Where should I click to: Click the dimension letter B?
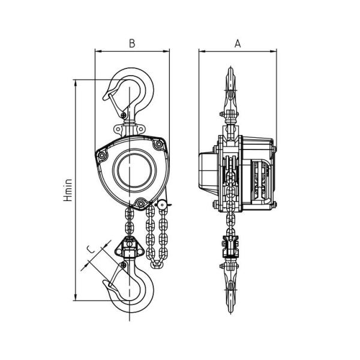pos(132,43)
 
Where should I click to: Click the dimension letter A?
pos(238,43)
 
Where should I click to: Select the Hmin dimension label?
pos(68,190)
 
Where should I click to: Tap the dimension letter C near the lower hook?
pos(91,249)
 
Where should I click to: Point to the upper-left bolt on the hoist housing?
pos(102,155)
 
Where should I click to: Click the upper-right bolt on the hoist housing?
pos(158,145)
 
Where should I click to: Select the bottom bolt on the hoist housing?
pos(140,203)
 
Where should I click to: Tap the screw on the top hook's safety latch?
pos(124,115)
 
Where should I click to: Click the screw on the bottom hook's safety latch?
pos(124,265)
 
